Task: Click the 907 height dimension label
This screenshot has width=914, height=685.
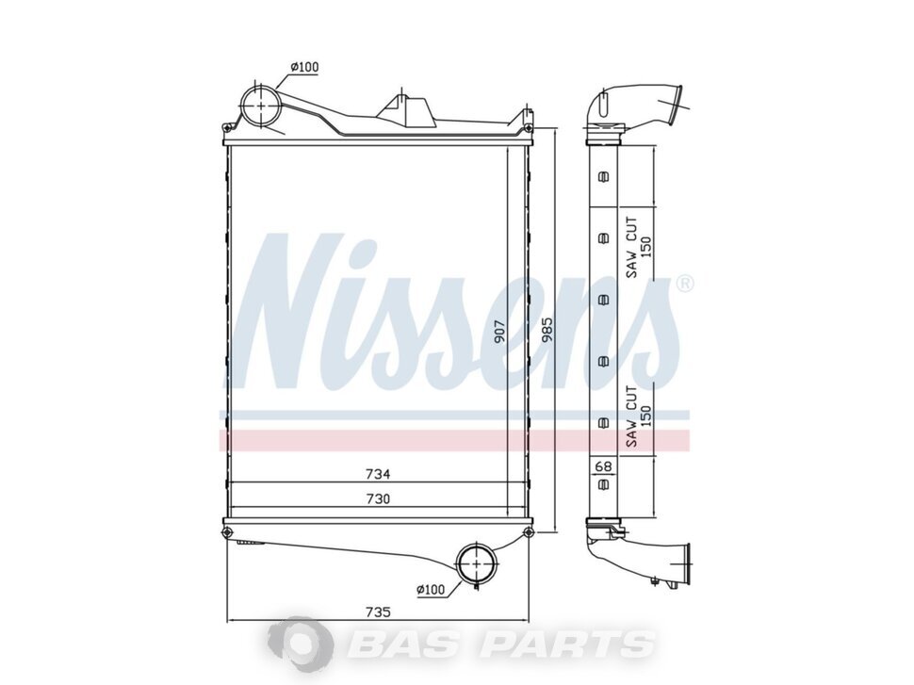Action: pos(500,331)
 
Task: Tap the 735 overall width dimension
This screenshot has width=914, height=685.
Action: pos(378,612)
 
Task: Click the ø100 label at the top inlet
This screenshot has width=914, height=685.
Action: pos(303,66)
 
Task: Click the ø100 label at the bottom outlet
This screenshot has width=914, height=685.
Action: pos(431,590)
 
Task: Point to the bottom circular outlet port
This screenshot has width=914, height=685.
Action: pos(477,564)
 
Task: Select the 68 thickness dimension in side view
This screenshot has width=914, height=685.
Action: pos(603,465)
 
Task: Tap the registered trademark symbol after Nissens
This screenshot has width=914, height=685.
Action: pos(686,283)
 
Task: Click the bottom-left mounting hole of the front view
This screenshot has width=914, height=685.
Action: pos(227,534)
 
